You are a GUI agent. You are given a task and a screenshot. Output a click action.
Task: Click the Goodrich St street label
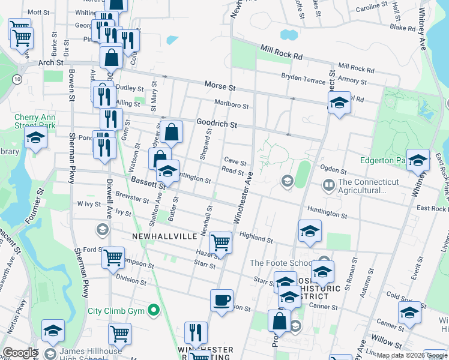[217, 125]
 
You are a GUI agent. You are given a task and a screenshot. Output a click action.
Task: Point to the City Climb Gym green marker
[154, 310]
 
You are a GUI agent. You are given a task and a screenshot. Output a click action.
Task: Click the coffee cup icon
[221, 301]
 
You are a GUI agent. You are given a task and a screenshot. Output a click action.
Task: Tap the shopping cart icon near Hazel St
[221, 242]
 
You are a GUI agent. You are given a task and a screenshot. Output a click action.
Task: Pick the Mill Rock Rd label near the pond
[282, 54]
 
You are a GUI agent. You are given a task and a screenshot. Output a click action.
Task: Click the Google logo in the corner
[20, 353]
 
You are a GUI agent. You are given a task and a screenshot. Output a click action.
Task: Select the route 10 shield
[18, 79]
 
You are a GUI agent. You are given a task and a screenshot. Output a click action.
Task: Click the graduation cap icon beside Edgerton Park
[418, 161]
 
